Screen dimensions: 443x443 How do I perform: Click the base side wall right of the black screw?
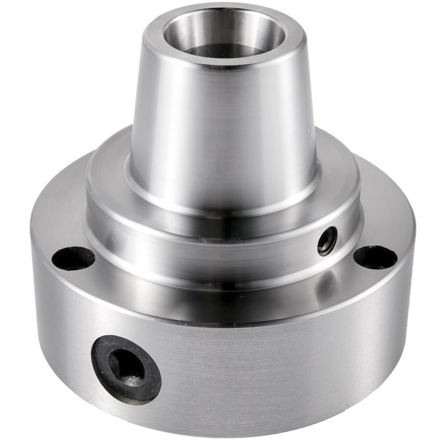click(x=266, y=368)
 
